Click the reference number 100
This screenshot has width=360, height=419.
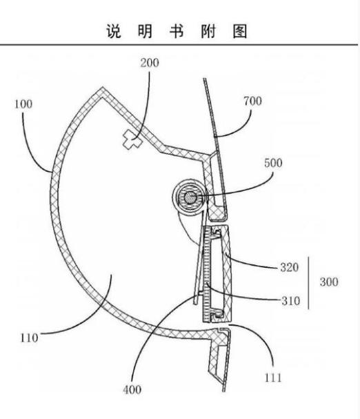click(x=23, y=104)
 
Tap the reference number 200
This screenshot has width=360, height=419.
click(x=150, y=63)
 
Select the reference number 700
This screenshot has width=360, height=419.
click(x=252, y=101)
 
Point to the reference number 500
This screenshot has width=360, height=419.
click(x=273, y=163)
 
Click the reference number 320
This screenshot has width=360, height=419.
click(x=289, y=267)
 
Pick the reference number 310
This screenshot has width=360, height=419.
click(x=291, y=301)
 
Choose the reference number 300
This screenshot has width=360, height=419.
click(x=329, y=282)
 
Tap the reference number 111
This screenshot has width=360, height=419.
click(x=273, y=378)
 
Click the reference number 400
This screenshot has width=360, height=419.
click(x=132, y=389)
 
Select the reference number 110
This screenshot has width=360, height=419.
click(x=29, y=338)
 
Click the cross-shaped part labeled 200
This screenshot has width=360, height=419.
click(x=132, y=139)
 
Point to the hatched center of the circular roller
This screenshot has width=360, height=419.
click(x=190, y=198)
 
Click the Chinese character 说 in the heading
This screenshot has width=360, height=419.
click(x=114, y=31)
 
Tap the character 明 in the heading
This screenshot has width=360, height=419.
click(x=145, y=31)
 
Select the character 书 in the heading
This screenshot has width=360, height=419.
click(x=177, y=31)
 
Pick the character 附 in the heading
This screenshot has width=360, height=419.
click(x=208, y=31)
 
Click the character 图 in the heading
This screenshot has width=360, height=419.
click(x=239, y=31)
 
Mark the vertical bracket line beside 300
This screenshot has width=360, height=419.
click(x=309, y=283)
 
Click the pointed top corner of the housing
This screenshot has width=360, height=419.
click(x=103, y=87)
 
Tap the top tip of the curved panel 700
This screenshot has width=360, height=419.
click(x=205, y=79)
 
